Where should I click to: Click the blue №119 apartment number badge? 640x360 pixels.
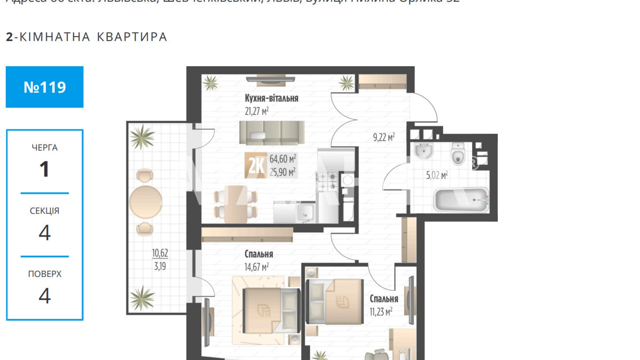[x=45, y=87]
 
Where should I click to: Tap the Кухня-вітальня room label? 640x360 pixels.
[x=271, y=98]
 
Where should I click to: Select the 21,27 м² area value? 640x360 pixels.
[x=256, y=111]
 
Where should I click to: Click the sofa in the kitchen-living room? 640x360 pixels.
[x=272, y=133]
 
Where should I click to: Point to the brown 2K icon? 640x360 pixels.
[x=256, y=165]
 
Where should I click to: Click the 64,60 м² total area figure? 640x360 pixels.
[x=283, y=159]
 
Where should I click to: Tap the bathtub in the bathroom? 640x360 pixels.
[x=461, y=200]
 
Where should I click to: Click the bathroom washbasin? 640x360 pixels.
[x=423, y=151]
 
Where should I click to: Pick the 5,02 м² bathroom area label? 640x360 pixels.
[x=437, y=175]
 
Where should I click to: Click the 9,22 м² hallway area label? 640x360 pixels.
[x=384, y=137]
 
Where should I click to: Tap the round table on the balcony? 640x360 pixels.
[x=146, y=202]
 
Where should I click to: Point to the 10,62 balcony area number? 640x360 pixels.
[x=160, y=253]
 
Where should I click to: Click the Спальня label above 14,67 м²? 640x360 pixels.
[x=258, y=254]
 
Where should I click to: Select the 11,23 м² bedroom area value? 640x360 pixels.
[x=381, y=312]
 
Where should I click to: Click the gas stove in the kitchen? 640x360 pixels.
[x=327, y=181]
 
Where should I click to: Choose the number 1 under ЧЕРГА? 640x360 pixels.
[x=44, y=170]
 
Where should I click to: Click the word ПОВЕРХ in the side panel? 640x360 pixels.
[x=45, y=274]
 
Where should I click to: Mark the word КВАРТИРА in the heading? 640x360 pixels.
[x=132, y=37]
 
